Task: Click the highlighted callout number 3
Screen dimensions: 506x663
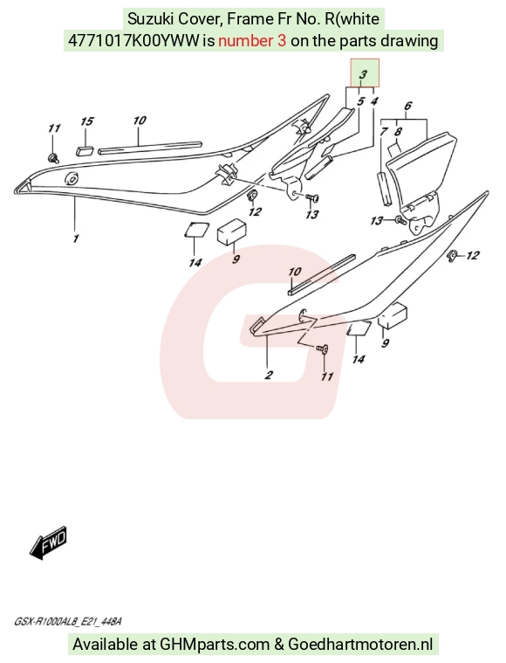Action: [x=363, y=74]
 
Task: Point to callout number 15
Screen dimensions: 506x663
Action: [x=86, y=121]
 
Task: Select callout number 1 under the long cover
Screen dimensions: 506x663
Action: [x=76, y=238]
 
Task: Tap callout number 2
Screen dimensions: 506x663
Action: [x=269, y=375]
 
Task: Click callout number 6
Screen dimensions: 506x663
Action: [x=407, y=106]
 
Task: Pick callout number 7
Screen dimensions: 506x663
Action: [x=384, y=132]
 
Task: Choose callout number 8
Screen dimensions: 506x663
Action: [x=398, y=132]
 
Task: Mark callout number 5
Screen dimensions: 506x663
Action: [x=360, y=101]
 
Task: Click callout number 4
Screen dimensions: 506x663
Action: [x=374, y=101]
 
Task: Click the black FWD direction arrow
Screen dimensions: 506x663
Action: [x=49, y=543]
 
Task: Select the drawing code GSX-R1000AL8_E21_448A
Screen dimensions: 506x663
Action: [x=68, y=622]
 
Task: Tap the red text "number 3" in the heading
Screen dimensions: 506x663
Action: [x=253, y=40]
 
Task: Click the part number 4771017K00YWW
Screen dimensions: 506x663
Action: [x=133, y=40]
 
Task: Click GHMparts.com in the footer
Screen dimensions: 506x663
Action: [x=215, y=645]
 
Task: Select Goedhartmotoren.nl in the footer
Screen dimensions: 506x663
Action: [x=360, y=645]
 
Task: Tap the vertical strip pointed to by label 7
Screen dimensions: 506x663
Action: [x=383, y=189]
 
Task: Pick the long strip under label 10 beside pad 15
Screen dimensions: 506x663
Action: [x=150, y=147]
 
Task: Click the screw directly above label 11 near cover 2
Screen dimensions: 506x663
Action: [x=322, y=349]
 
